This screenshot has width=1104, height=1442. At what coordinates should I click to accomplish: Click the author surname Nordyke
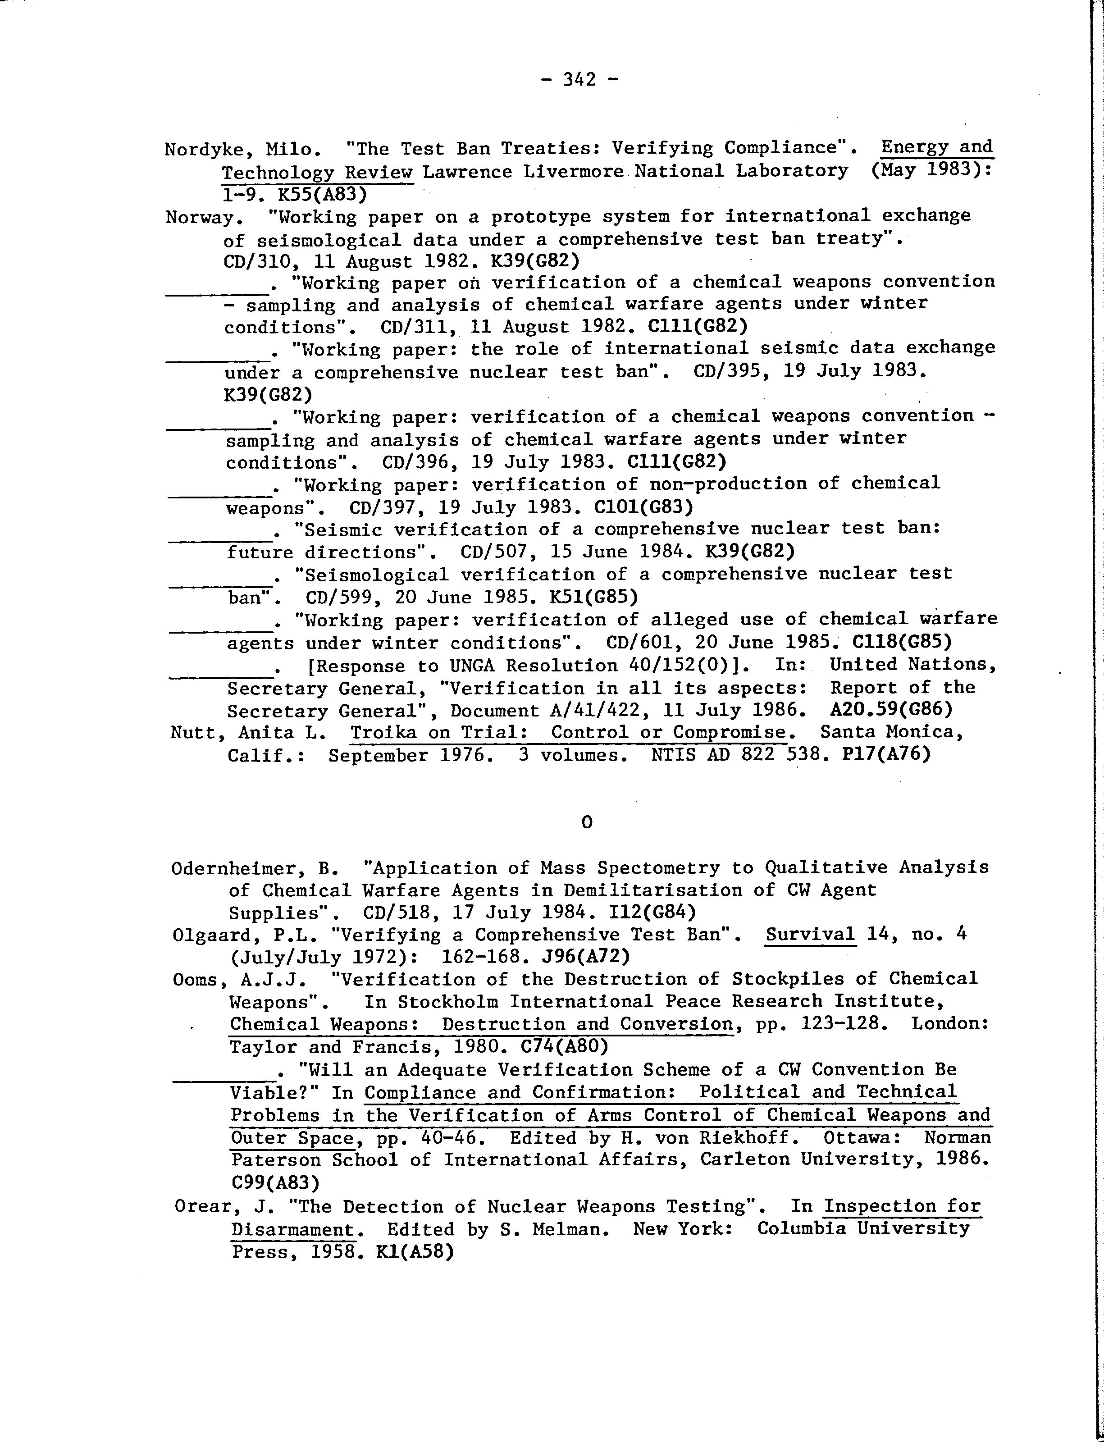click(205, 150)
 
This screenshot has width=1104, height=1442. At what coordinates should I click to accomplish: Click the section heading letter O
click(587, 822)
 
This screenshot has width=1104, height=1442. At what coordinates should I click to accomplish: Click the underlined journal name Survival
click(810, 935)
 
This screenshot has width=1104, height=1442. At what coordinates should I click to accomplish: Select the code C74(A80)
click(564, 1046)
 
